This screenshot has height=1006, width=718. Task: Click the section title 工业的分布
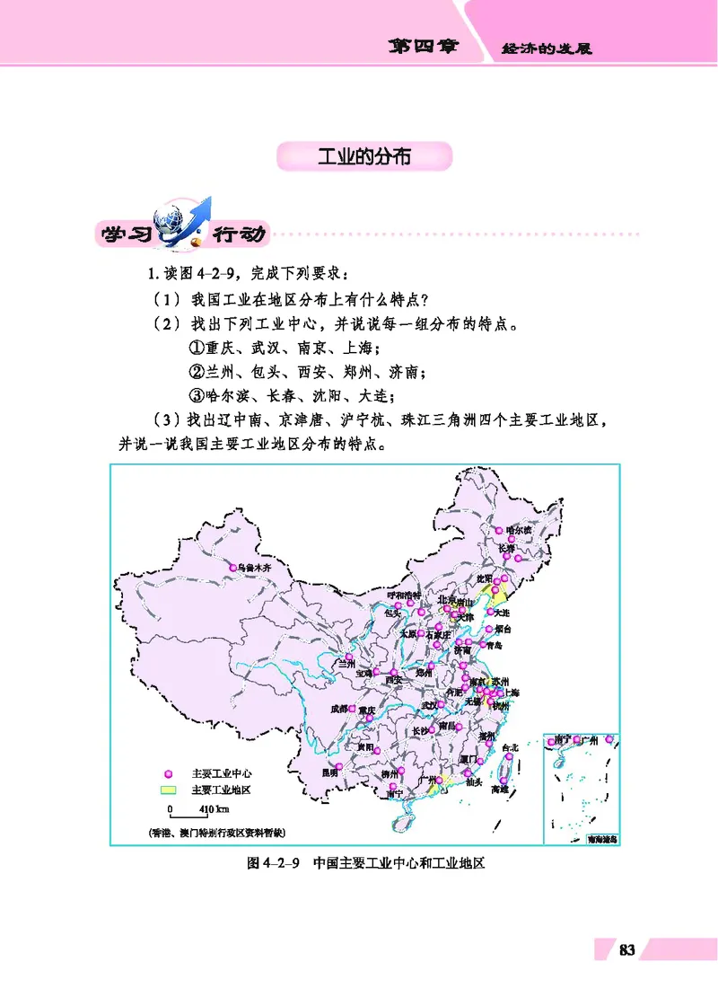click(364, 155)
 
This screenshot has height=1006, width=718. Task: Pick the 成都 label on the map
click(338, 709)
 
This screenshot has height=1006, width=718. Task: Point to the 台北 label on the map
click(510, 747)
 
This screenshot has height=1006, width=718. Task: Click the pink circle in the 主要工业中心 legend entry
click(167, 773)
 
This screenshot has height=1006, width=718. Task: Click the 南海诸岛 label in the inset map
click(601, 839)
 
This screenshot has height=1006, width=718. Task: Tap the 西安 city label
click(392, 680)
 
